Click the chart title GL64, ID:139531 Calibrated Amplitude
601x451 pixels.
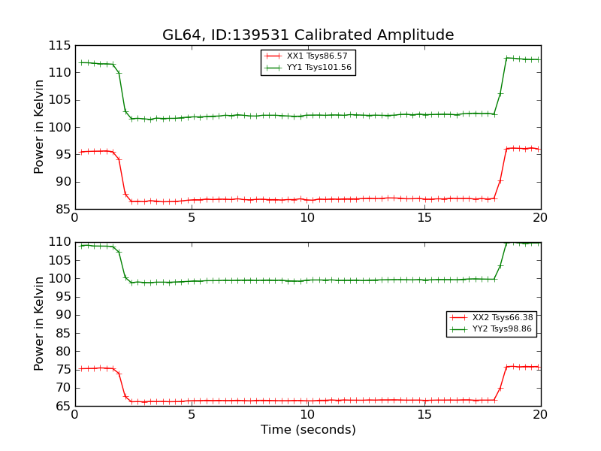coord(308,35)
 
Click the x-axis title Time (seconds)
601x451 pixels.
coord(308,430)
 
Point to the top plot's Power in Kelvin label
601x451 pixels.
coord(40,126)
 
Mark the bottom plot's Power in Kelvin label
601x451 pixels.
coord(40,323)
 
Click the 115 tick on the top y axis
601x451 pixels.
coord(59,45)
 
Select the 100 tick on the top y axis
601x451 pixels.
coord(59,127)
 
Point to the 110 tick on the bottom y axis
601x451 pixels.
coord(59,242)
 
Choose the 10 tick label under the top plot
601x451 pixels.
coord(308,218)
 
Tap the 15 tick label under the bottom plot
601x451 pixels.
coord(424,415)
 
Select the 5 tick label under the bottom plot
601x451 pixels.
coord(192,415)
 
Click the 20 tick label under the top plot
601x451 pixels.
coord(541,218)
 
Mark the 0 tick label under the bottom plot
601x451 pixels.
coord(75,415)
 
